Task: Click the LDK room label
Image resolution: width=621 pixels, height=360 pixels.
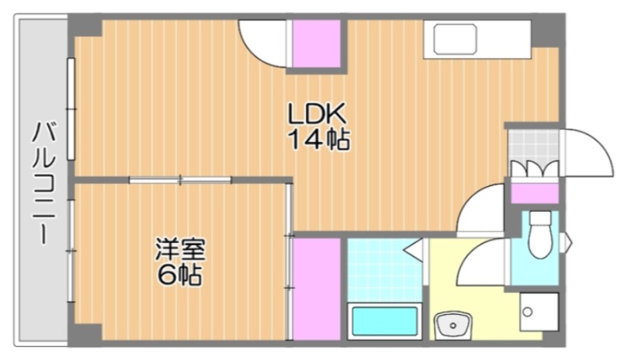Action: click(317, 114)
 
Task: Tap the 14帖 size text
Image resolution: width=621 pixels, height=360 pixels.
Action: click(319, 140)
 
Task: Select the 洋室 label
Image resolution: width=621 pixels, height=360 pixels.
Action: click(180, 249)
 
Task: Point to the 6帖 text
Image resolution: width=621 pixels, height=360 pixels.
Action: click(180, 274)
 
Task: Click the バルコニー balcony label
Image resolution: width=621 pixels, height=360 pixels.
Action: click(43, 183)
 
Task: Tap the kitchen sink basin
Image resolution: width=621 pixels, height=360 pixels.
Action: click(455, 40)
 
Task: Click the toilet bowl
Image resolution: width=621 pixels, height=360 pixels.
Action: click(540, 235)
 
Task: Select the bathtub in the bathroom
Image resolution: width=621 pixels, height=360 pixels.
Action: click(384, 321)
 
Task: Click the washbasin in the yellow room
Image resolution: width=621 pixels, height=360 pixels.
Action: click(453, 326)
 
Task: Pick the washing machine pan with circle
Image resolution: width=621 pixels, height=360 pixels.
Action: click(539, 312)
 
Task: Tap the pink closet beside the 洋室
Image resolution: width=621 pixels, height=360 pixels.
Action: click(317, 289)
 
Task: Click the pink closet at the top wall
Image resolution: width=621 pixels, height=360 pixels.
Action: click(317, 43)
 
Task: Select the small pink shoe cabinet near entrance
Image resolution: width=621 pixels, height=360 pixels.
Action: click(535, 193)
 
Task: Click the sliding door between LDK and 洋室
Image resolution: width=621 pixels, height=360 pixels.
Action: click(180, 180)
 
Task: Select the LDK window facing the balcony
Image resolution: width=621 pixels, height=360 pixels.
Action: click(71, 109)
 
